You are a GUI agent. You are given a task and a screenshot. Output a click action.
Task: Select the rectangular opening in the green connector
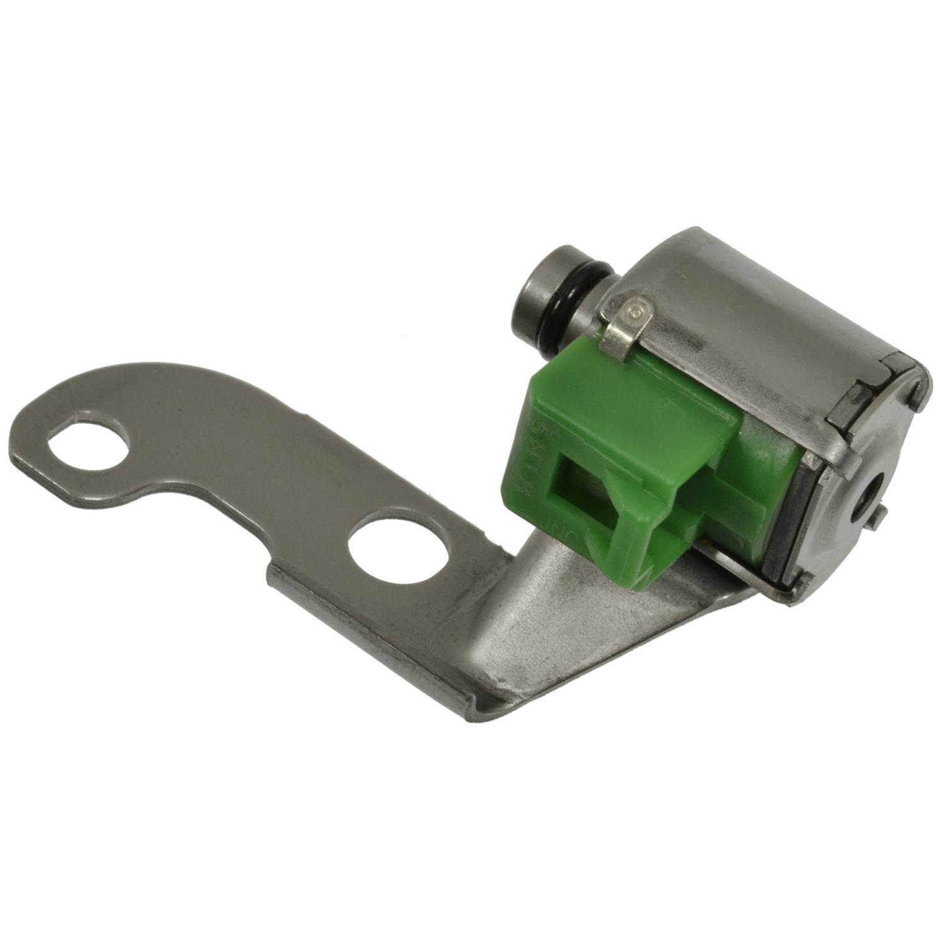coord(584,499)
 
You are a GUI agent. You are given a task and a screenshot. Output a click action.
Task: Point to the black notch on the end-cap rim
coord(852,404)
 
